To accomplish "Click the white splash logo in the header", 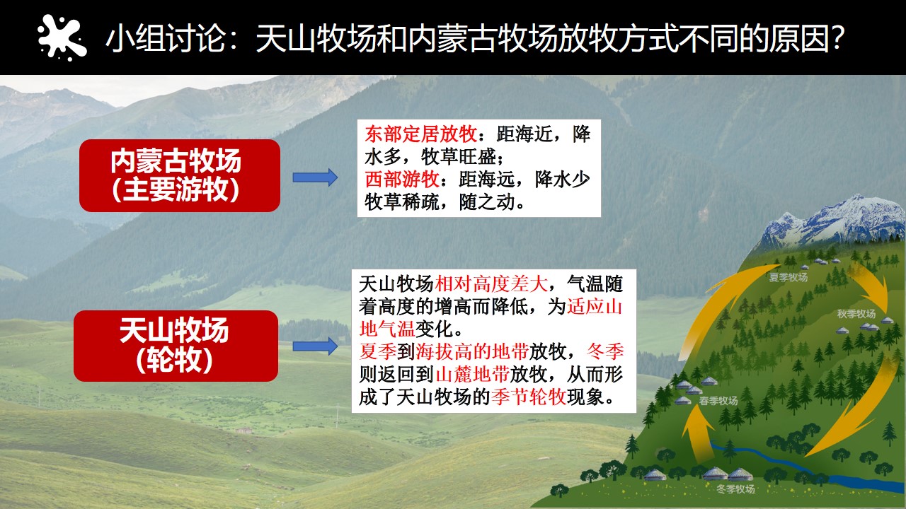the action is pos(62,37).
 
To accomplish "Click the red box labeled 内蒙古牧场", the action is pos(180,175).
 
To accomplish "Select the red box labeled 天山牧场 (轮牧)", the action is pos(176,346).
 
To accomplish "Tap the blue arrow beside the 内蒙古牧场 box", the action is pos(315,177).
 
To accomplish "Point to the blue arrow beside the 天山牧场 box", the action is pos(315,346).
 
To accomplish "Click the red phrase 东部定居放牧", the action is pos(420,134).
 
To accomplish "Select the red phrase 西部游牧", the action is pos(402,180).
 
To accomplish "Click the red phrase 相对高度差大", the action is pos(491,283).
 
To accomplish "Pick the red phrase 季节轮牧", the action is pos(529,397).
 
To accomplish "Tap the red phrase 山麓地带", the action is pos(472,375).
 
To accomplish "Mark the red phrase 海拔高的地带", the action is pos(472,352).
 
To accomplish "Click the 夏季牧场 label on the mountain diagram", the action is pos(789,277).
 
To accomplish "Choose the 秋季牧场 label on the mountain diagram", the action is pos(856,314).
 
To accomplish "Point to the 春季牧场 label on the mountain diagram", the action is pos(718,401).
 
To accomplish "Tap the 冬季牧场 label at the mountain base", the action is pos(735,489).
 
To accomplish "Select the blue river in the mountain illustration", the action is pos(805,469).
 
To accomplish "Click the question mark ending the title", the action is pos(836,38).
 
